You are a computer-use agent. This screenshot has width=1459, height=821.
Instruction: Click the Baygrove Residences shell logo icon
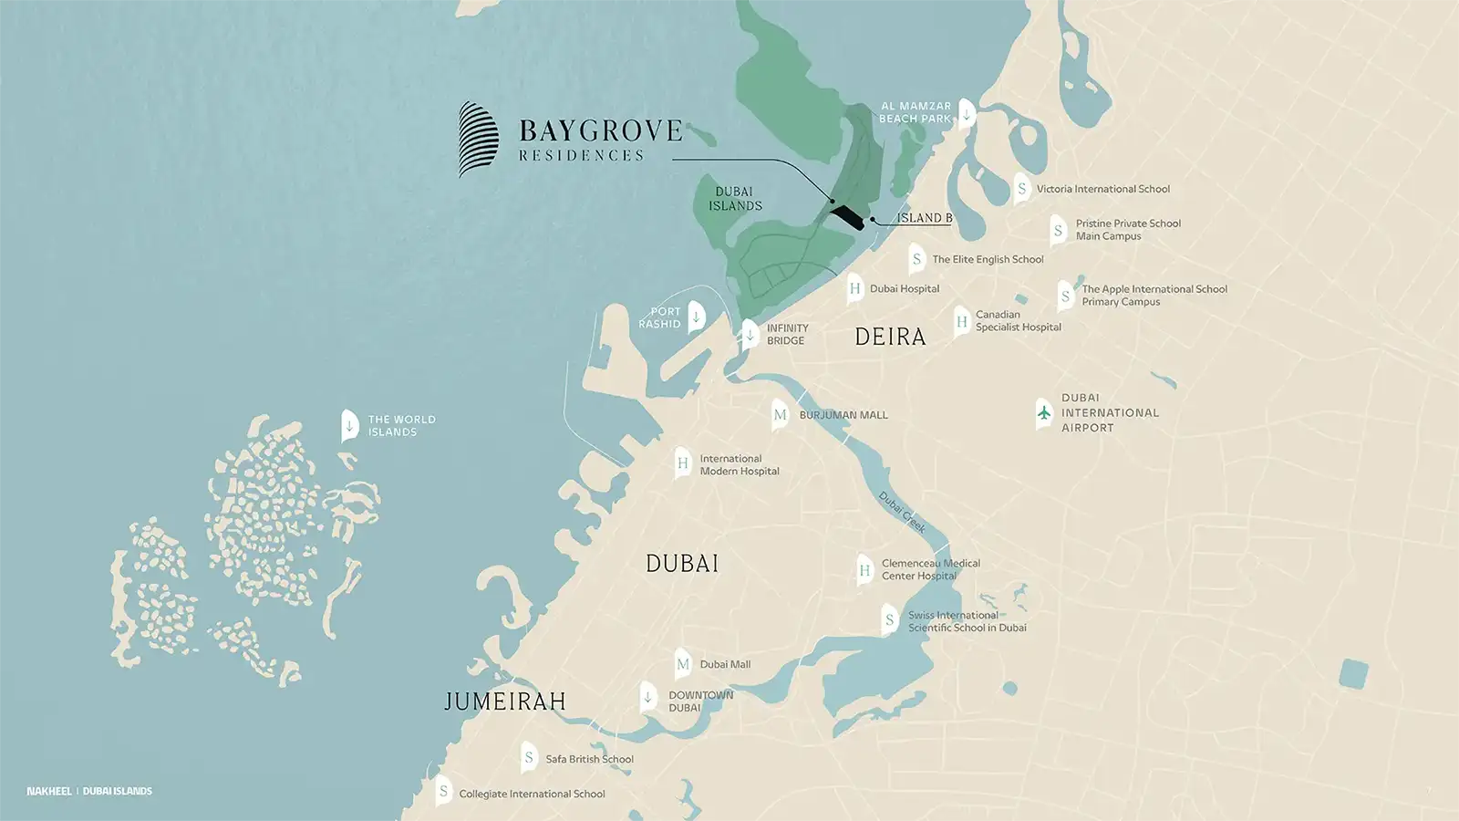pos(478,139)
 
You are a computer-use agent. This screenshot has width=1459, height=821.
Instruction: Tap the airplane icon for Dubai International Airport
pos(1044,412)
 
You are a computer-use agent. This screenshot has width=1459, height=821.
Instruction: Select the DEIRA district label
pos(890,337)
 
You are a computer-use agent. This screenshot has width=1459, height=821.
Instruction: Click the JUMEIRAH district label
pos(504,701)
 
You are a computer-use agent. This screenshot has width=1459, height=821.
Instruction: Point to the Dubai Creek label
pos(902,512)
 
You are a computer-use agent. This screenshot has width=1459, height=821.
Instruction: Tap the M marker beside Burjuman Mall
pos(780,414)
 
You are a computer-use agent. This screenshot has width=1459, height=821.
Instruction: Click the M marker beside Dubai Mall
pos(683,664)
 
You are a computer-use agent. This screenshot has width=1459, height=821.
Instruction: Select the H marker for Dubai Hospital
pos(854,288)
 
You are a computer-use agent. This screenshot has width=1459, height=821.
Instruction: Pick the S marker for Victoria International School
pos(1022,189)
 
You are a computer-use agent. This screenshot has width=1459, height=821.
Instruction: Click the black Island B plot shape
pos(846,218)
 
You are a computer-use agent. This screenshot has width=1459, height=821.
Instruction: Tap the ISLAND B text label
pos(924,218)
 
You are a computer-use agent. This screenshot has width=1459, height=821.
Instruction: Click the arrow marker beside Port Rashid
pos(697,317)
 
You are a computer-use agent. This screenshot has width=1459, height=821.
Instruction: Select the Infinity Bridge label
pos(787,334)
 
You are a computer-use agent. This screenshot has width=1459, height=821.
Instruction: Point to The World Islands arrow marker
pos(349,425)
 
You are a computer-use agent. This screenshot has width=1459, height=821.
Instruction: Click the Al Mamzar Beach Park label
pos(915,112)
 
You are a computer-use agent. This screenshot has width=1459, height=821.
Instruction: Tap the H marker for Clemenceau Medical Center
pos(864,570)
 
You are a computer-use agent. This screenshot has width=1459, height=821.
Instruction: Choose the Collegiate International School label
pos(532,794)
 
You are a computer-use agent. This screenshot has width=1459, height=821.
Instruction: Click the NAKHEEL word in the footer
pos(49,791)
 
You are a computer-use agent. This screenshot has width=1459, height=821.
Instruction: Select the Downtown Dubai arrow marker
pos(647,698)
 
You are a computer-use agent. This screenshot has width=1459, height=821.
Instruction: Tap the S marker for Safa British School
pos(529,757)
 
